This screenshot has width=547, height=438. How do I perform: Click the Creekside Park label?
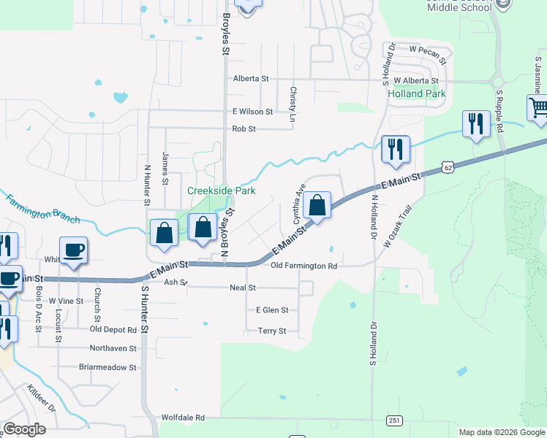221,191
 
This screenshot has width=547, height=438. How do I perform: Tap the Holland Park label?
416,94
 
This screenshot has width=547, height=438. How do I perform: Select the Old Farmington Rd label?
303,266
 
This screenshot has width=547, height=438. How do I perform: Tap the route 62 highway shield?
448,168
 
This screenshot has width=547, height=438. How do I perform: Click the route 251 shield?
395,420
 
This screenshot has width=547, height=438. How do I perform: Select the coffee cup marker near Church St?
73,250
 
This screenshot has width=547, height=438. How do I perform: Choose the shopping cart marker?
538,108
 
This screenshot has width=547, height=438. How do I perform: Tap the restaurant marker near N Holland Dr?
395,149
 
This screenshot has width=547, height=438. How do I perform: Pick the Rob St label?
244,129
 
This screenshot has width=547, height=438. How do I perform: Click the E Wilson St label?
252,112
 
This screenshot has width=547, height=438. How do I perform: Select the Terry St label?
272,331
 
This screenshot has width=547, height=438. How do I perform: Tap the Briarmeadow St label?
107,367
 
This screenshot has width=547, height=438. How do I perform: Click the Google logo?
24,429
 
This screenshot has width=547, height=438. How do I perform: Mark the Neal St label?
242,288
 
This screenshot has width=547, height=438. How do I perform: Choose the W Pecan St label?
427,50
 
